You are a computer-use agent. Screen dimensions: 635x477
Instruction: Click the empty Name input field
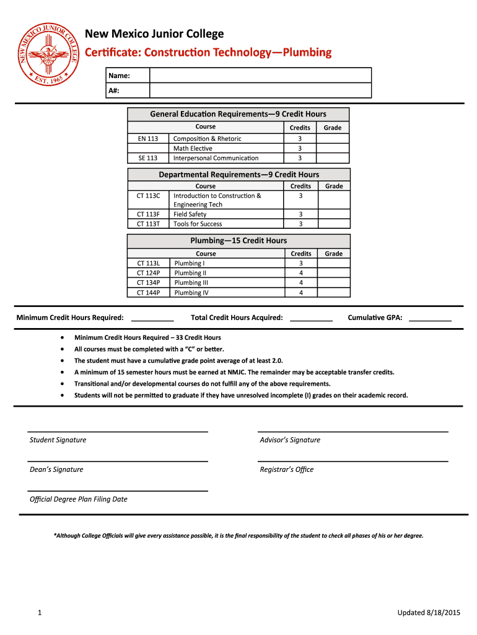[x=260, y=76]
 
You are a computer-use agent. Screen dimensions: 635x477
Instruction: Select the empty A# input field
[x=260, y=91]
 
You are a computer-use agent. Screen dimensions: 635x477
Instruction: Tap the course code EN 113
[x=148, y=138]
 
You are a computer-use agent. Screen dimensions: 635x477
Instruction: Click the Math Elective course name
[x=193, y=148]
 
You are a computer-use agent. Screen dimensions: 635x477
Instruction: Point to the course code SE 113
[x=148, y=158]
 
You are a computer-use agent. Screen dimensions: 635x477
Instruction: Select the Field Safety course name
[x=190, y=214]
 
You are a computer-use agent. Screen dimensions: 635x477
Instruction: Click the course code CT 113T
[x=148, y=224]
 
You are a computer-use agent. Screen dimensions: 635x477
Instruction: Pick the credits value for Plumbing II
[x=301, y=273]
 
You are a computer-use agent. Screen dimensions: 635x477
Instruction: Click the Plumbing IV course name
[x=191, y=293]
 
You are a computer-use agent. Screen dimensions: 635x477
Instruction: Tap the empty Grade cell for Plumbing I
[x=333, y=263]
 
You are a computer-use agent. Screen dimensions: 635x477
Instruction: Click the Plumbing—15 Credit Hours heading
[x=239, y=241]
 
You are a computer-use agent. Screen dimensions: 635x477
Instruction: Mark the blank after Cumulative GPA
[x=430, y=319]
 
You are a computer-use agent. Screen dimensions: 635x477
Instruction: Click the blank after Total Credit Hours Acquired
[x=311, y=319]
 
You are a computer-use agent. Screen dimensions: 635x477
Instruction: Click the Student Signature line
[x=117, y=431]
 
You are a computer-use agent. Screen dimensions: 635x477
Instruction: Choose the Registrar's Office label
[x=287, y=469]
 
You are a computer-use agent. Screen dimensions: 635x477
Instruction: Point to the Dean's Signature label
[x=56, y=469]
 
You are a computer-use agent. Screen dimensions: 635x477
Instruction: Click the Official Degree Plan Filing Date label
[x=79, y=499]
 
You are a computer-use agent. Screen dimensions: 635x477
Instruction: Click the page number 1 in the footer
[x=39, y=613]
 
